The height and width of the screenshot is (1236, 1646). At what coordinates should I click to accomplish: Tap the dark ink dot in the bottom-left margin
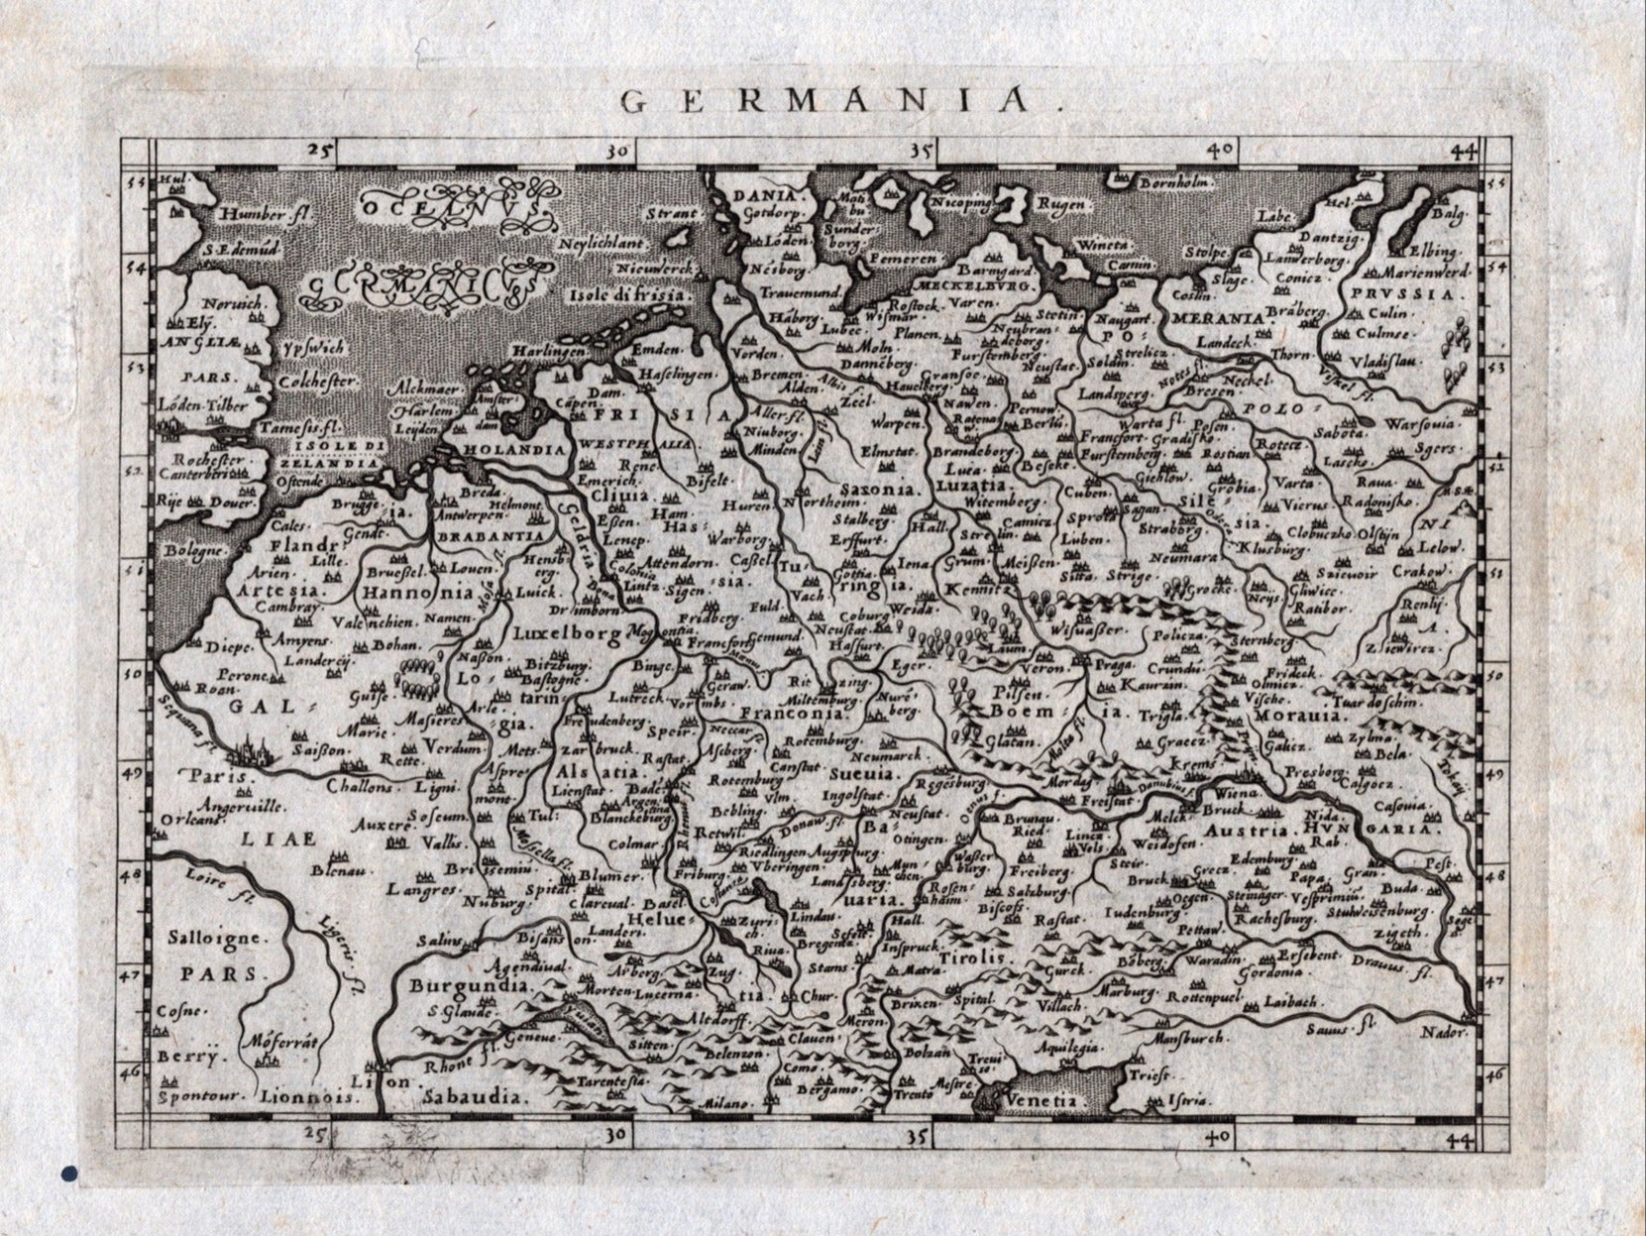68,1176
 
